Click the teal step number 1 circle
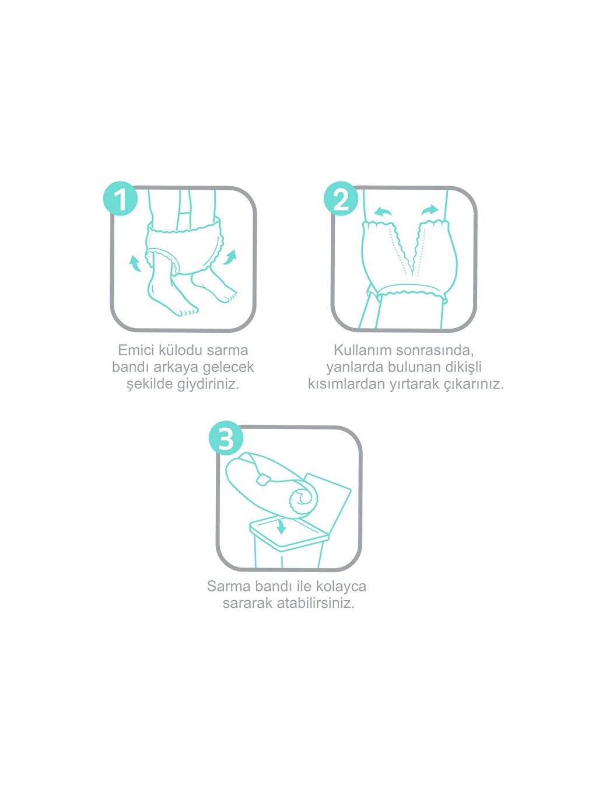[120, 198]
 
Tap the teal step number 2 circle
[341, 198]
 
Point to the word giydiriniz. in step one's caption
[208, 384]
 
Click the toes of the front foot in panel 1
[188, 312]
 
